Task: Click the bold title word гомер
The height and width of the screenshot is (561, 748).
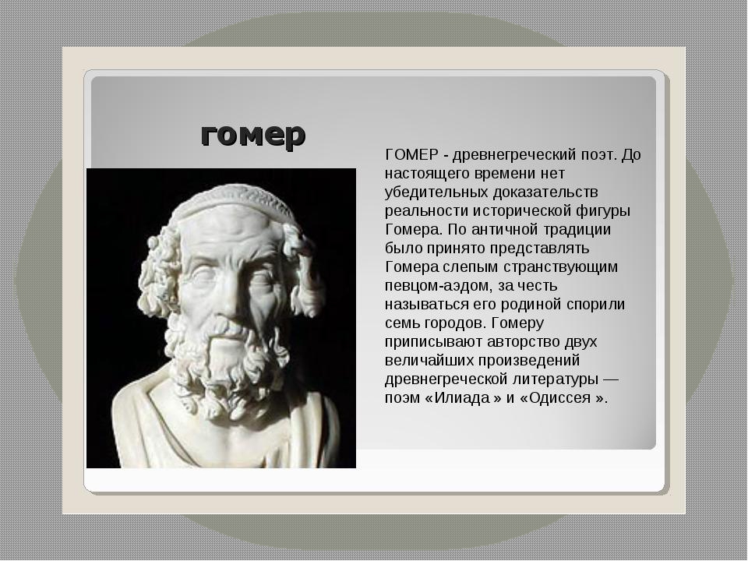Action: [x=252, y=136]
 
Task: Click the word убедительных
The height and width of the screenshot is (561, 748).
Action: [x=436, y=192]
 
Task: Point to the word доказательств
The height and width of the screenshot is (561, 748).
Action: [x=545, y=192]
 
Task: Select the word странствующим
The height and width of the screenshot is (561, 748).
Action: [x=560, y=266]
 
